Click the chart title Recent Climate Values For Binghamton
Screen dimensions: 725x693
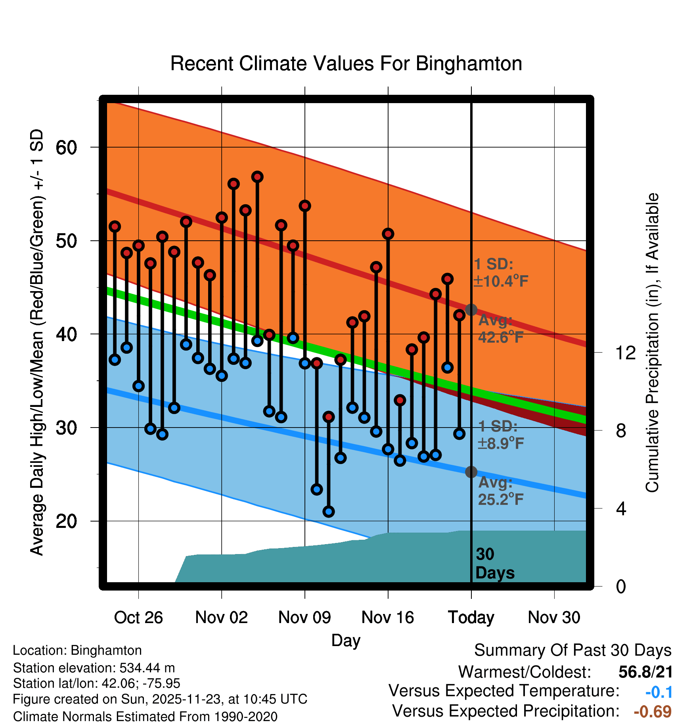pyautogui.click(x=346, y=64)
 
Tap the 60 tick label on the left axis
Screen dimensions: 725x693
pyautogui.click(x=66, y=148)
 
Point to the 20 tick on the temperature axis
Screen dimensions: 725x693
pyautogui.click(x=66, y=521)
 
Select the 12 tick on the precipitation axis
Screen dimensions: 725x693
pyautogui.click(x=626, y=353)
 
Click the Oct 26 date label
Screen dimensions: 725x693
pyautogui.click(x=138, y=618)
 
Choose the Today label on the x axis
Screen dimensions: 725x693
pyautogui.click(x=471, y=618)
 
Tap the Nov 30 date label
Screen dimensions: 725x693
pyautogui.click(x=554, y=618)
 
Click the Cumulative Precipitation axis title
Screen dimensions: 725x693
pyautogui.click(x=652, y=343)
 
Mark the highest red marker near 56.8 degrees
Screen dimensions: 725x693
pyautogui.click(x=257, y=177)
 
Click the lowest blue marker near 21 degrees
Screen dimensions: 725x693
pyautogui.click(x=329, y=512)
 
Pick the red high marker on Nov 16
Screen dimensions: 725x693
pyautogui.click(x=388, y=234)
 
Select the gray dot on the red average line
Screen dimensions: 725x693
pyautogui.click(x=471, y=310)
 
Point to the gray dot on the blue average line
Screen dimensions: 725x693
pyautogui.click(x=471, y=472)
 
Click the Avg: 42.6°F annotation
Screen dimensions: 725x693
pyautogui.click(x=500, y=329)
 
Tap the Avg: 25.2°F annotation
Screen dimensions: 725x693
pyautogui.click(x=500, y=491)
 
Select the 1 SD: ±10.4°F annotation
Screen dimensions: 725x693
pyautogui.click(x=500, y=272)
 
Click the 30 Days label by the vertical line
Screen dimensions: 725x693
pyautogui.click(x=494, y=564)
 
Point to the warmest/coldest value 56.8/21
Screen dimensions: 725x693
pyautogui.click(x=645, y=672)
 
